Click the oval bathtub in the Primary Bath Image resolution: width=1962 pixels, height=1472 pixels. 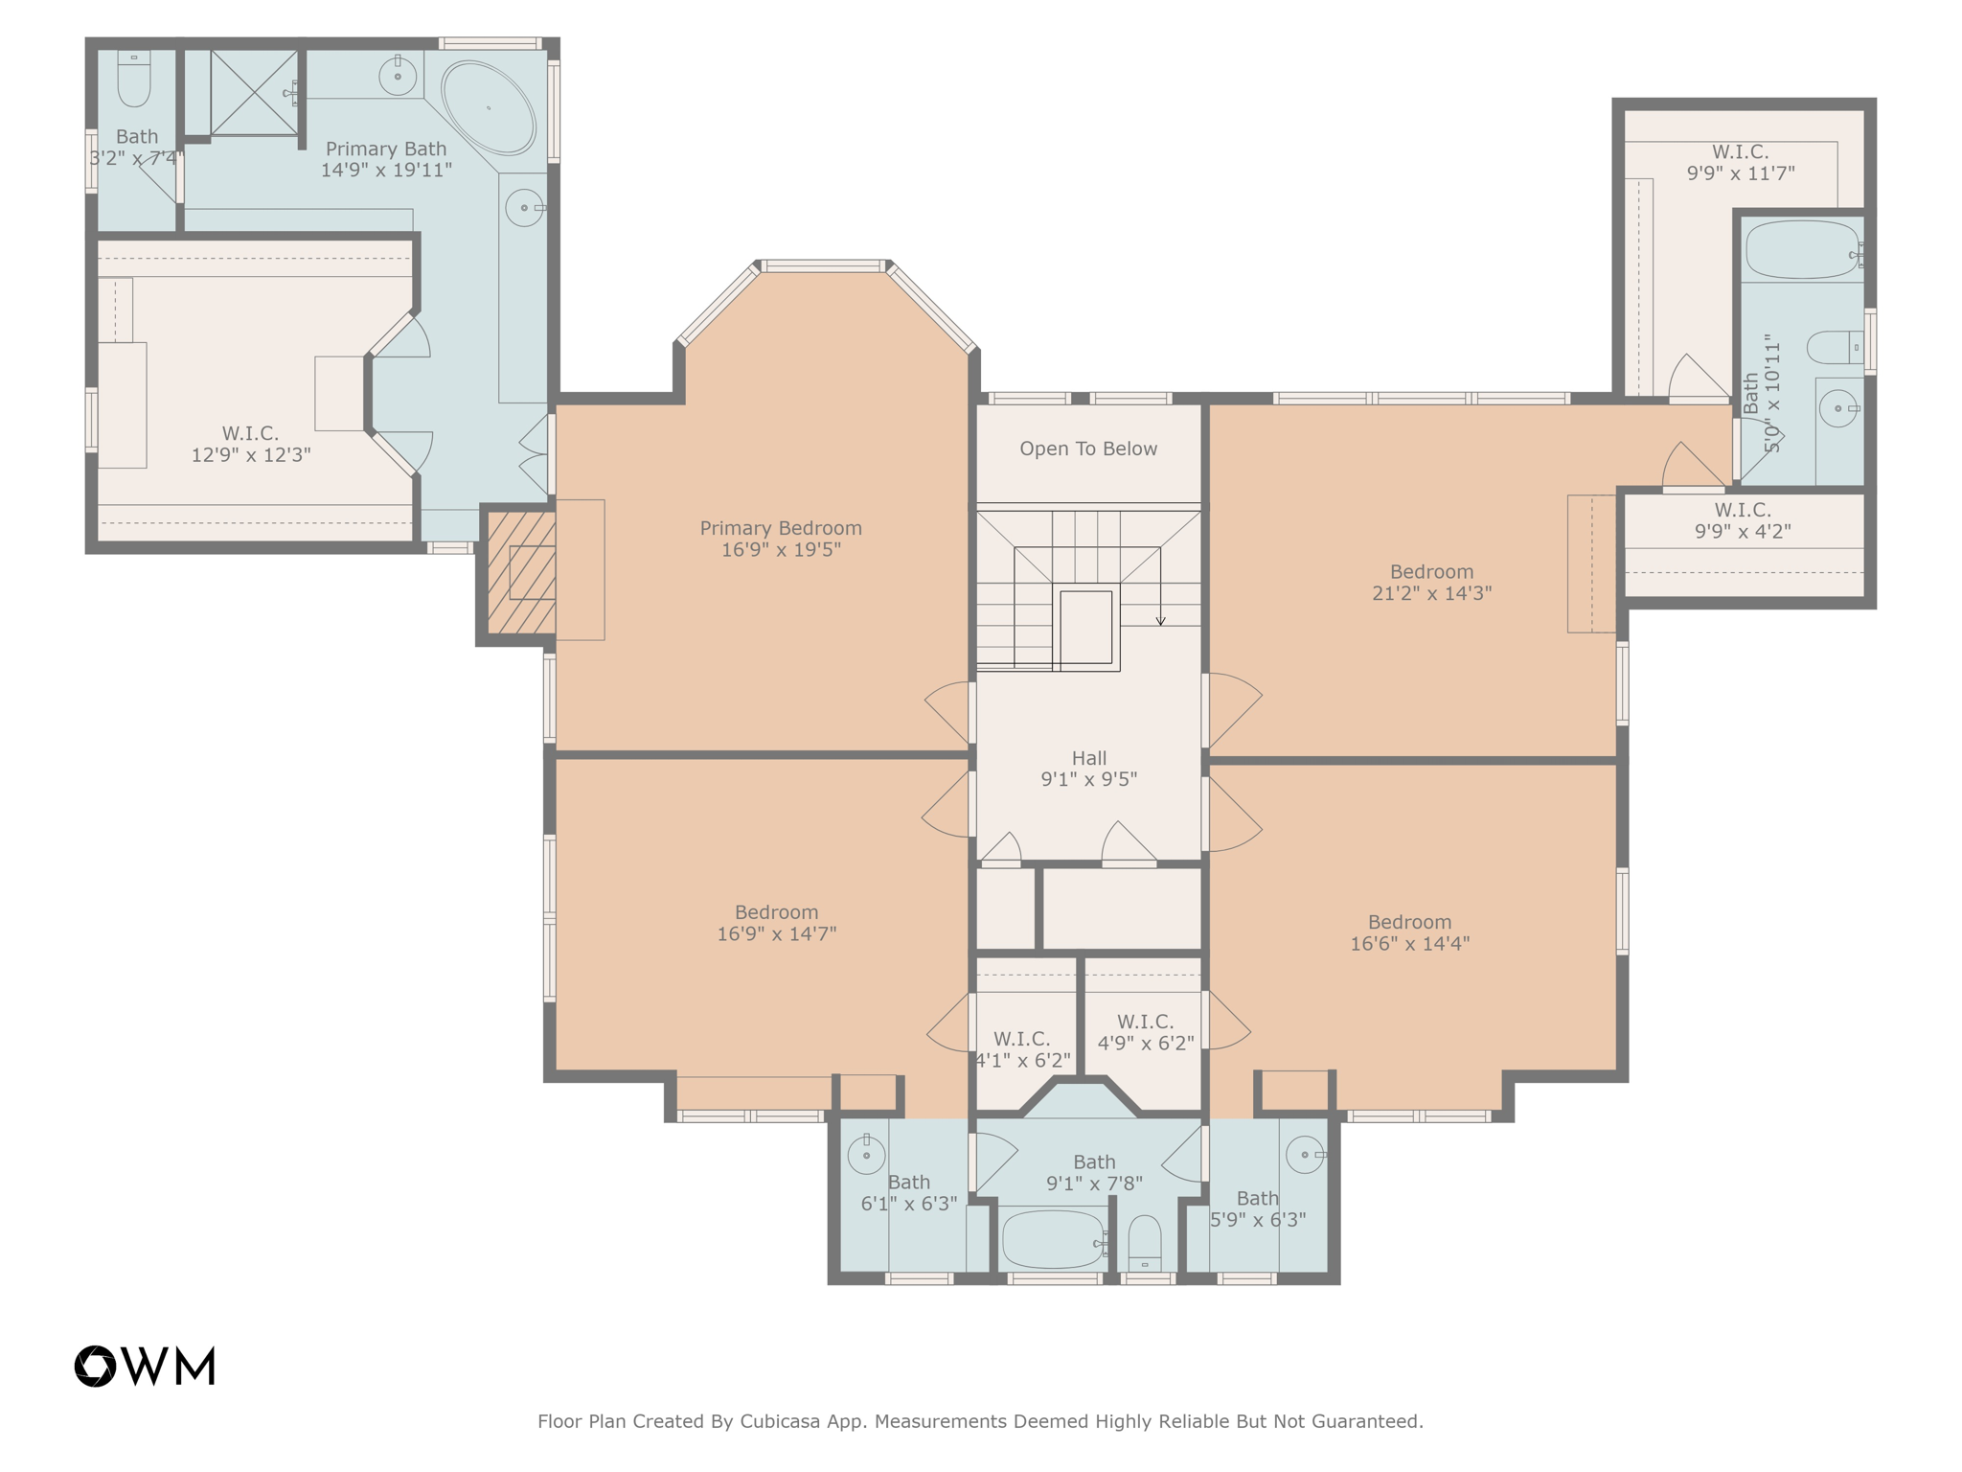point(489,107)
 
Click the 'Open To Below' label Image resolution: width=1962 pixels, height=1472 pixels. point(1088,448)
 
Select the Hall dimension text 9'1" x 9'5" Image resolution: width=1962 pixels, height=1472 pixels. point(1088,779)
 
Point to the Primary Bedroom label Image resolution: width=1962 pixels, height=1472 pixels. point(781,528)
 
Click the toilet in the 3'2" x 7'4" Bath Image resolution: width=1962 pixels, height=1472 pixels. point(134,80)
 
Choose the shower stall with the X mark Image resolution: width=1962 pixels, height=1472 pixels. point(254,93)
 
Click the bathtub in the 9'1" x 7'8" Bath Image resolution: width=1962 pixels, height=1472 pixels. point(1053,1239)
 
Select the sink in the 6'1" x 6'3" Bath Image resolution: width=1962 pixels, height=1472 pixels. point(866,1155)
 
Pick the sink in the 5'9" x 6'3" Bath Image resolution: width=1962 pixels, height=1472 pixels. point(1305,1155)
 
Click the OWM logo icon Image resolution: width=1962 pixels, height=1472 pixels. point(96,1366)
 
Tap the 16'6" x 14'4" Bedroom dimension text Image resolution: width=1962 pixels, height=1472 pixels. point(1409,943)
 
